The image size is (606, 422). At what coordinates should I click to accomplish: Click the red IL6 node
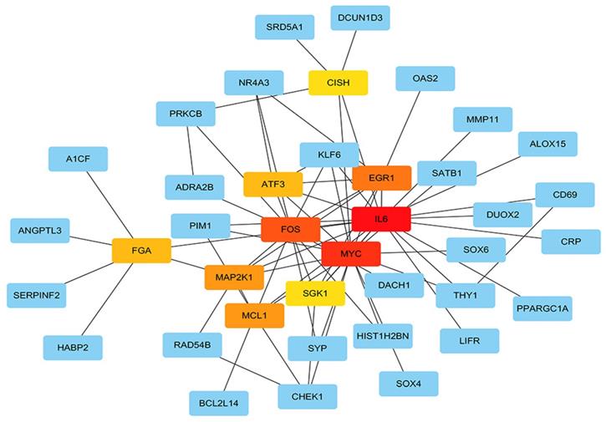coord(381,219)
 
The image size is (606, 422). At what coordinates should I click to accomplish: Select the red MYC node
coord(351,253)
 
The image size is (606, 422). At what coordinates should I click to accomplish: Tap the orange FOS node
coord(291,228)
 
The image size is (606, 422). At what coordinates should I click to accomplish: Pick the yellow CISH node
coord(338,83)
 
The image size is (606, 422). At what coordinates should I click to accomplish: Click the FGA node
coord(141,249)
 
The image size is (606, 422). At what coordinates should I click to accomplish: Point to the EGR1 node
coord(381,178)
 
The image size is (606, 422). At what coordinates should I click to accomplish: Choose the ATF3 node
coord(272,185)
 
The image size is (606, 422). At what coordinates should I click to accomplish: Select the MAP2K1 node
coord(234,277)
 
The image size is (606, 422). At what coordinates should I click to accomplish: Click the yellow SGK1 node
coord(315,292)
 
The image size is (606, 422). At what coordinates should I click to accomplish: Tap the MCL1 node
coord(254,316)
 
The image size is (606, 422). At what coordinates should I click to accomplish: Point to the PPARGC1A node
coord(543,308)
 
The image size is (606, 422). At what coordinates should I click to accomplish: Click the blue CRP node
coord(569,242)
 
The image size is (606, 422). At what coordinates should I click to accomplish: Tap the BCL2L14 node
coord(218,404)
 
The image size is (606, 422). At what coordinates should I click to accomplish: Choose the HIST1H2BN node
coord(382,336)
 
